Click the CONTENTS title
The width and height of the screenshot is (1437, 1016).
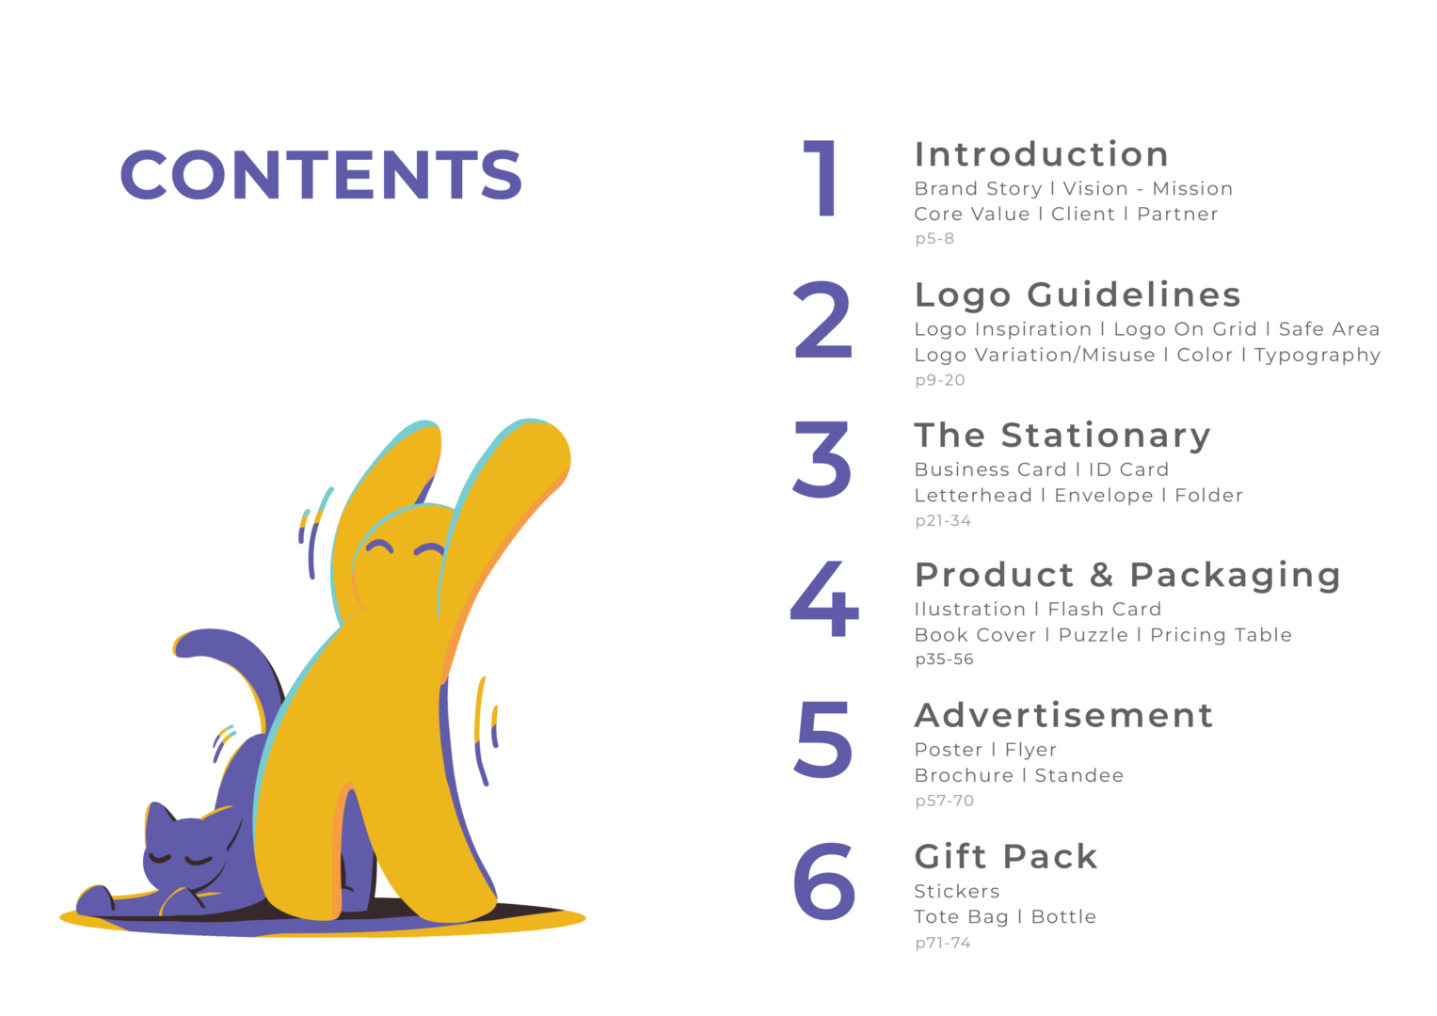tap(321, 174)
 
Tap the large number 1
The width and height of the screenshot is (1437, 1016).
tap(822, 178)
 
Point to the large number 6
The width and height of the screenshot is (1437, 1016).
tap(824, 880)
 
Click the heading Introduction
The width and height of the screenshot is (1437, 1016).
tap(1041, 154)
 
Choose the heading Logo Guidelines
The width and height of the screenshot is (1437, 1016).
tap(1078, 296)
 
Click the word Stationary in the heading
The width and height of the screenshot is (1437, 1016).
tap(1106, 437)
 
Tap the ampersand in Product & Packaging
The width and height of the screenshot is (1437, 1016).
tap(1101, 575)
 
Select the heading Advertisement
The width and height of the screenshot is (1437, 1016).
tap(1063, 715)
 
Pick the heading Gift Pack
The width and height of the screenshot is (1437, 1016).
tap(1006, 858)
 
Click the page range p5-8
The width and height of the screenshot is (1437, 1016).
tap(934, 239)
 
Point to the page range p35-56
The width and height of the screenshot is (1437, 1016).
tap(944, 660)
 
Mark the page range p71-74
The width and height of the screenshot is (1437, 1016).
tap(943, 944)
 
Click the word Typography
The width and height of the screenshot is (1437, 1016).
tap(1317, 356)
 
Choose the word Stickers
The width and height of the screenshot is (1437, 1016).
tap(956, 892)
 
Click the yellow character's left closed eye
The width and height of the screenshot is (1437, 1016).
tap(379, 548)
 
